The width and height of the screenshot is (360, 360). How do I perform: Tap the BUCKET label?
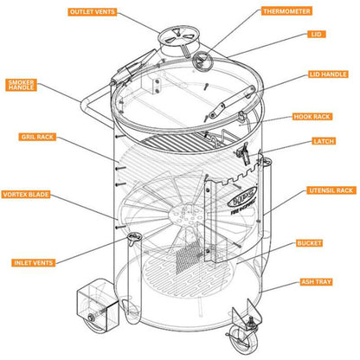point(309,244)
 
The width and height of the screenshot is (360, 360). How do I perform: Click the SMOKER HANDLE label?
point(21,85)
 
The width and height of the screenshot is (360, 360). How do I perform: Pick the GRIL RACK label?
point(38,137)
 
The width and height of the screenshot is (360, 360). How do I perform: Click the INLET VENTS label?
point(35,261)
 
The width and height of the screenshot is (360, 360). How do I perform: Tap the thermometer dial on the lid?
point(204,61)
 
